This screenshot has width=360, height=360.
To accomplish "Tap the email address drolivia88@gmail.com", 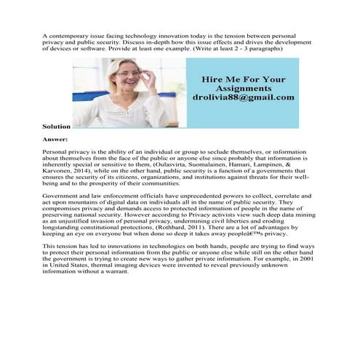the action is [244, 96].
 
